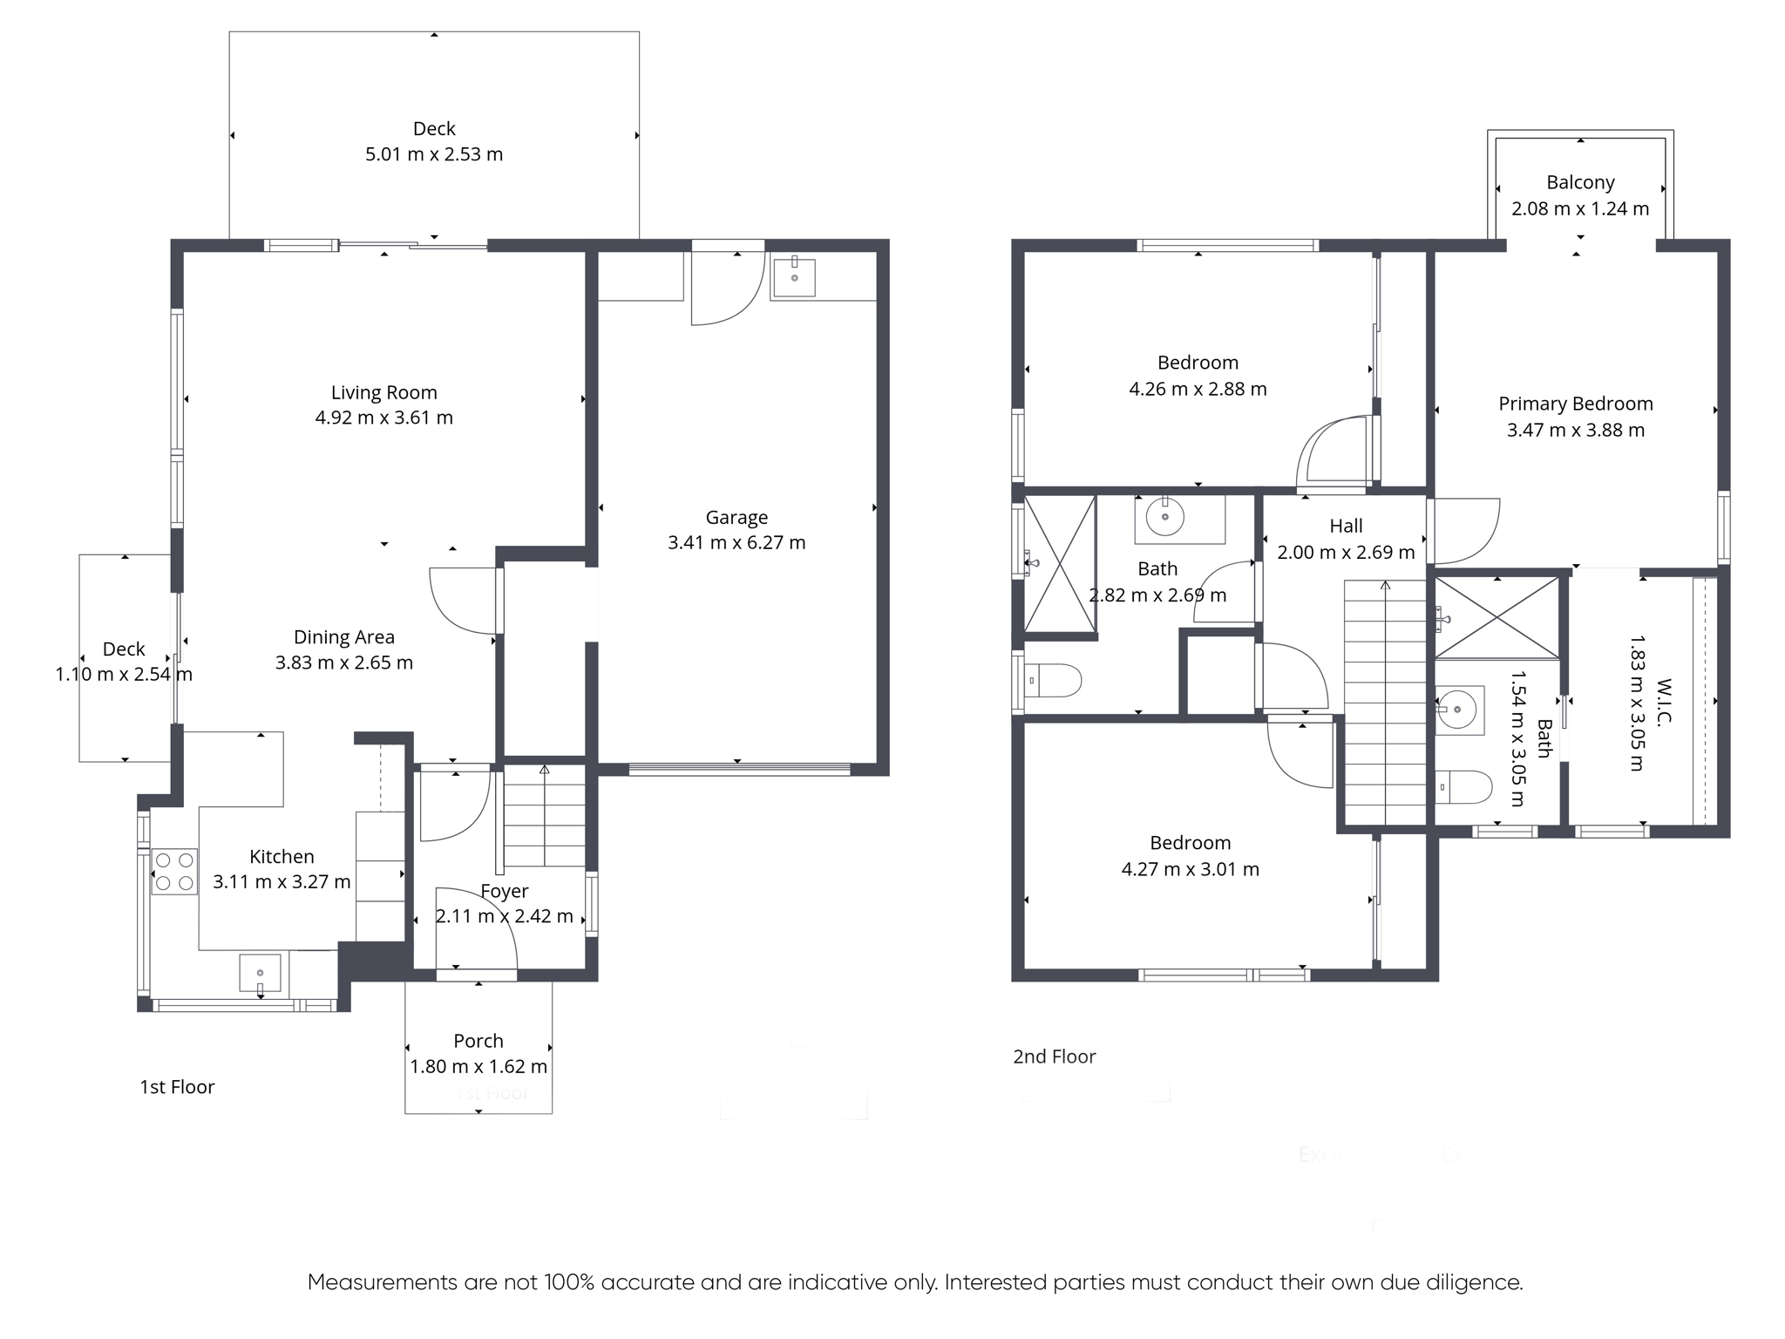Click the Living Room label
coord(383,392)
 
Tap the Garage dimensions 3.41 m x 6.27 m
coord(736,542)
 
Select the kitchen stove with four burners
coord(174,872)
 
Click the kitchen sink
coord(261,974)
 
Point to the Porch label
coord(478,1041)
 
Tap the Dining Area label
coord(344,637)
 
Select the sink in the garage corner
coord(794,275)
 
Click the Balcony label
coord(1580,182)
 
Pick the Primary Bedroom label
coord(1576,404)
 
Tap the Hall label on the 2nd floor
coord(1346,526)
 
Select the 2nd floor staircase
coord(1385,703)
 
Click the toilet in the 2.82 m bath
coord(1053,680)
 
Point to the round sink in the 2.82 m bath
coord(1164,518)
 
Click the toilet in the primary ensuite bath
coord(1464,787)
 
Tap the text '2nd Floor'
coord(1054,1057)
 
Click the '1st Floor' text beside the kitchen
coord(177,1087)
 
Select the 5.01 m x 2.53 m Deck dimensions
coord(434,154)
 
